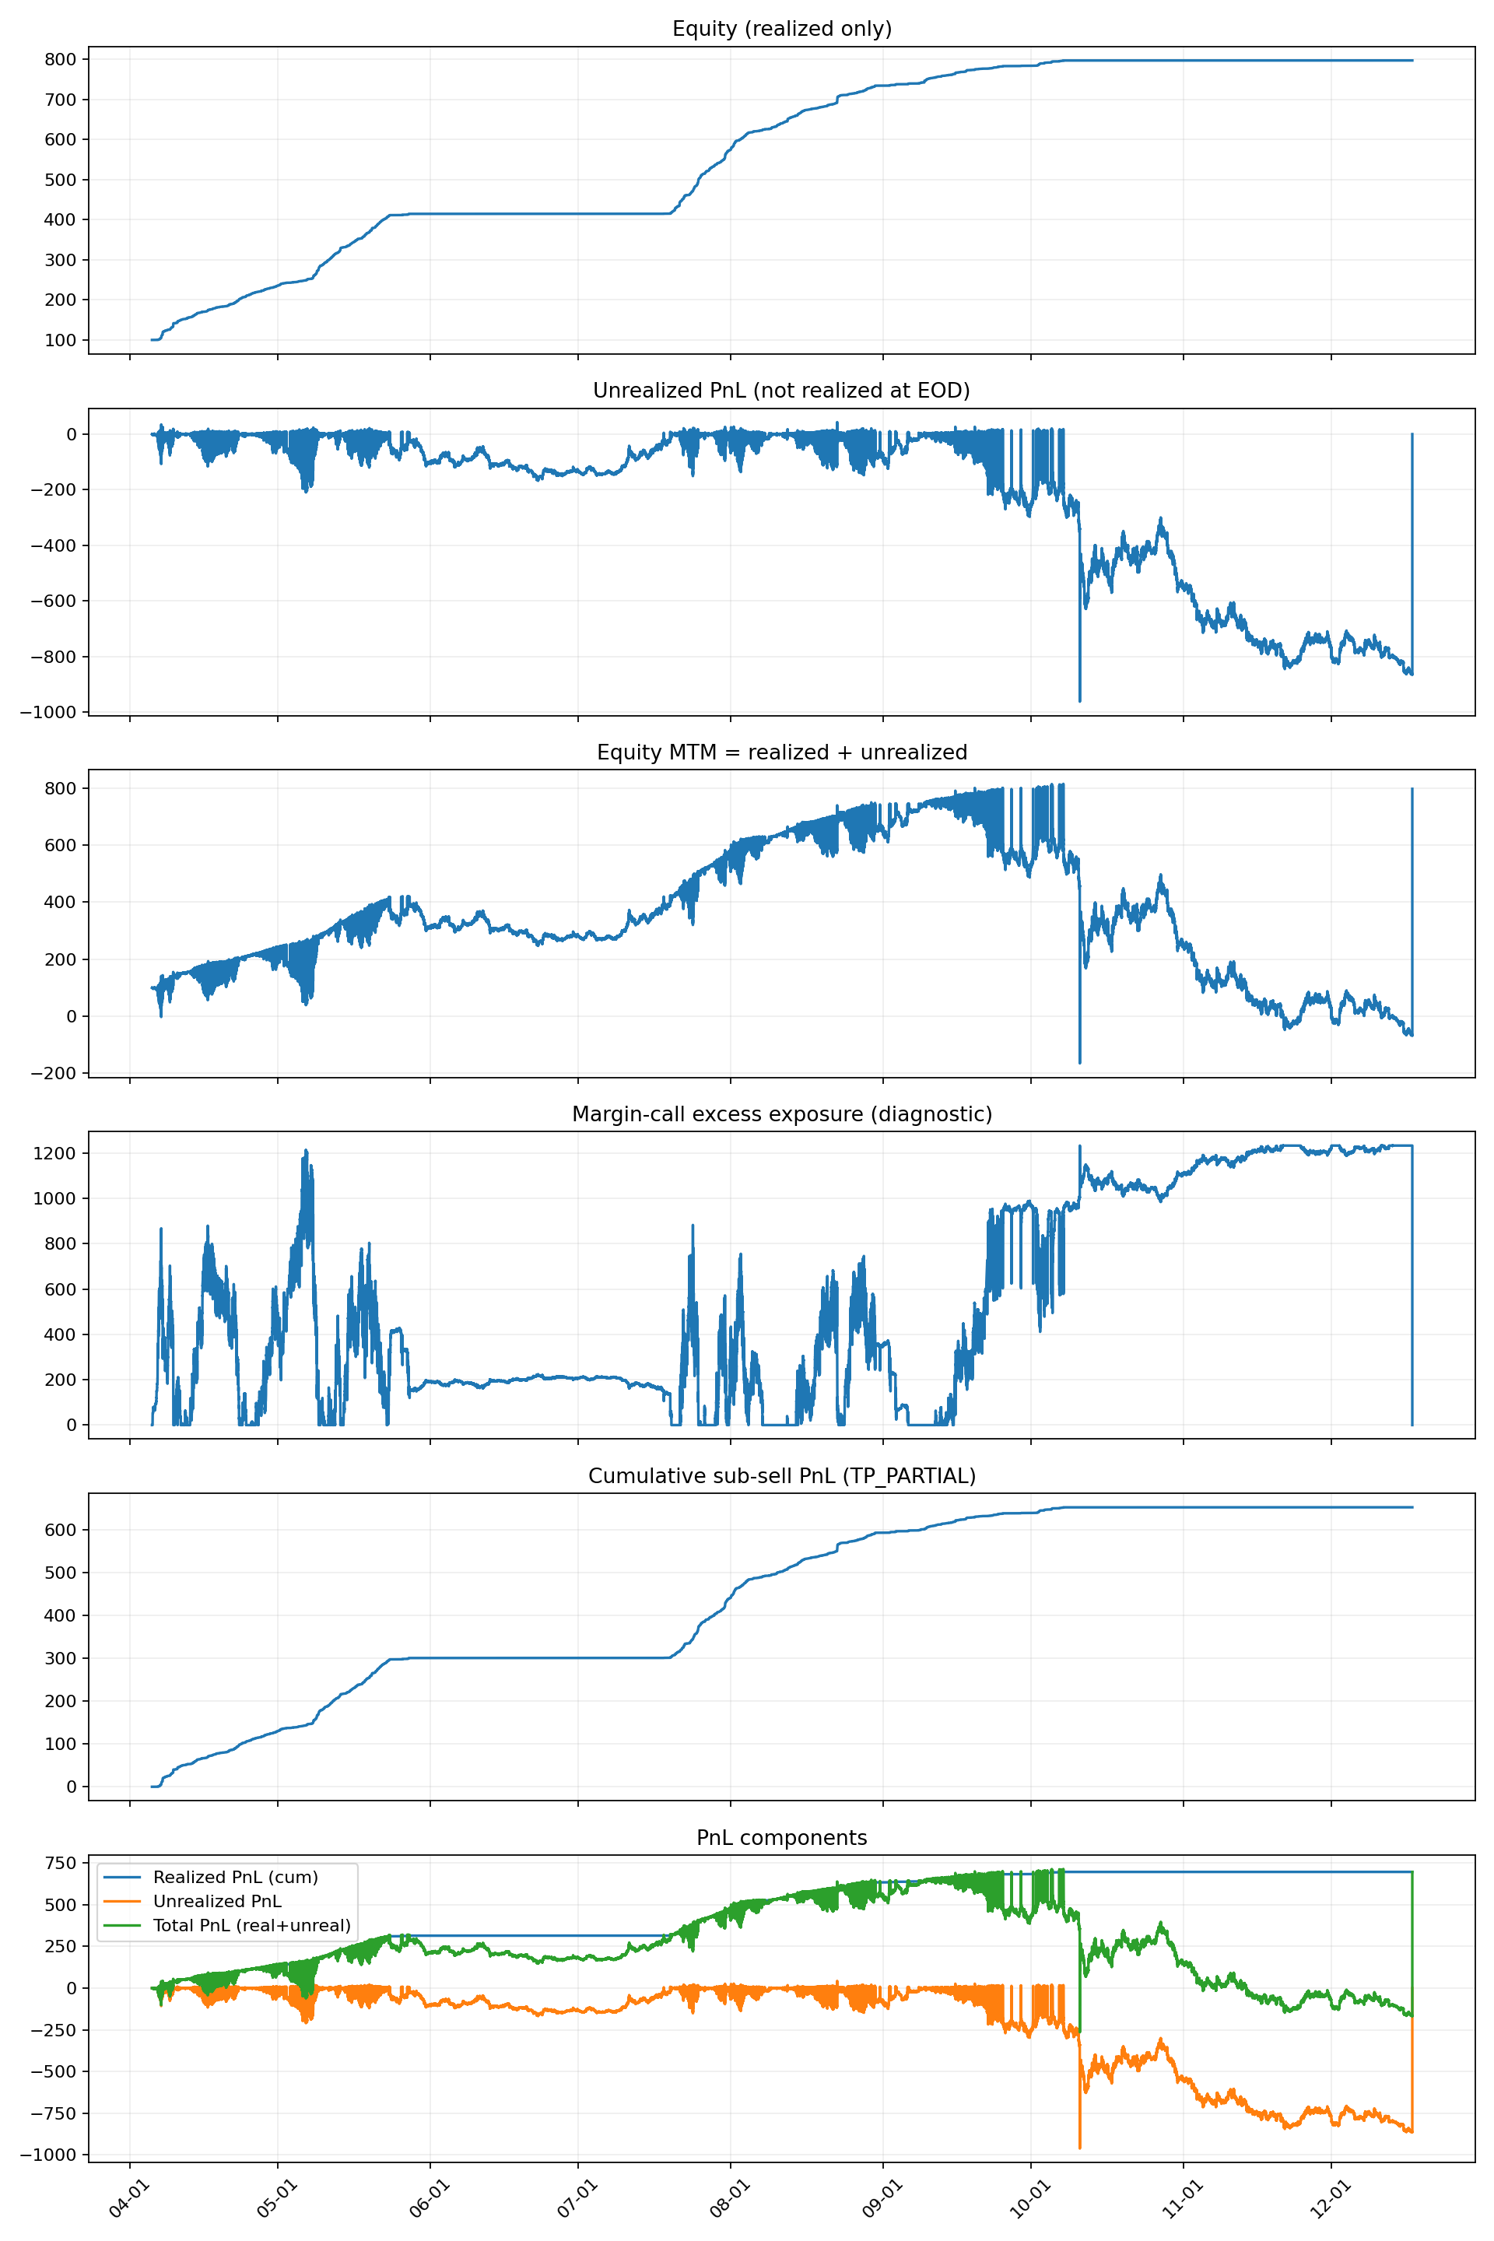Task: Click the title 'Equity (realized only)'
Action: [x=781, y=29]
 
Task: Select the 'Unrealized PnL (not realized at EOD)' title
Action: [x=781, y=391]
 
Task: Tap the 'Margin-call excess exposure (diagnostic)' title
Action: [x=781, y=1113]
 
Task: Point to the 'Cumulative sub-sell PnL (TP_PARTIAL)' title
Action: [x=781, y=1476]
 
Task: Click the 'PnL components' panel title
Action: [x=781, y=1838]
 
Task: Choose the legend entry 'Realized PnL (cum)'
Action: [x=235, y=1877]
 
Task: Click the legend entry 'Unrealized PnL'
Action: [x=217, y=1901]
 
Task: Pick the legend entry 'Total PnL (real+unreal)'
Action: [x=251, y=1926]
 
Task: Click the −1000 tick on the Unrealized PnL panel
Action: [x=52, y=713]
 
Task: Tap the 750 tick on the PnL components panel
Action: [x=60, y=1863]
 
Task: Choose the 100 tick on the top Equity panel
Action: [x=60, y=340]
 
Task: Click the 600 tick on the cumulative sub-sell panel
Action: [x=60, y=1529]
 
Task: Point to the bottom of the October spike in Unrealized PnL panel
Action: [x=1079, y=701]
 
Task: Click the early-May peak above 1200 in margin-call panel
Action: [x=306, y=1150]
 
